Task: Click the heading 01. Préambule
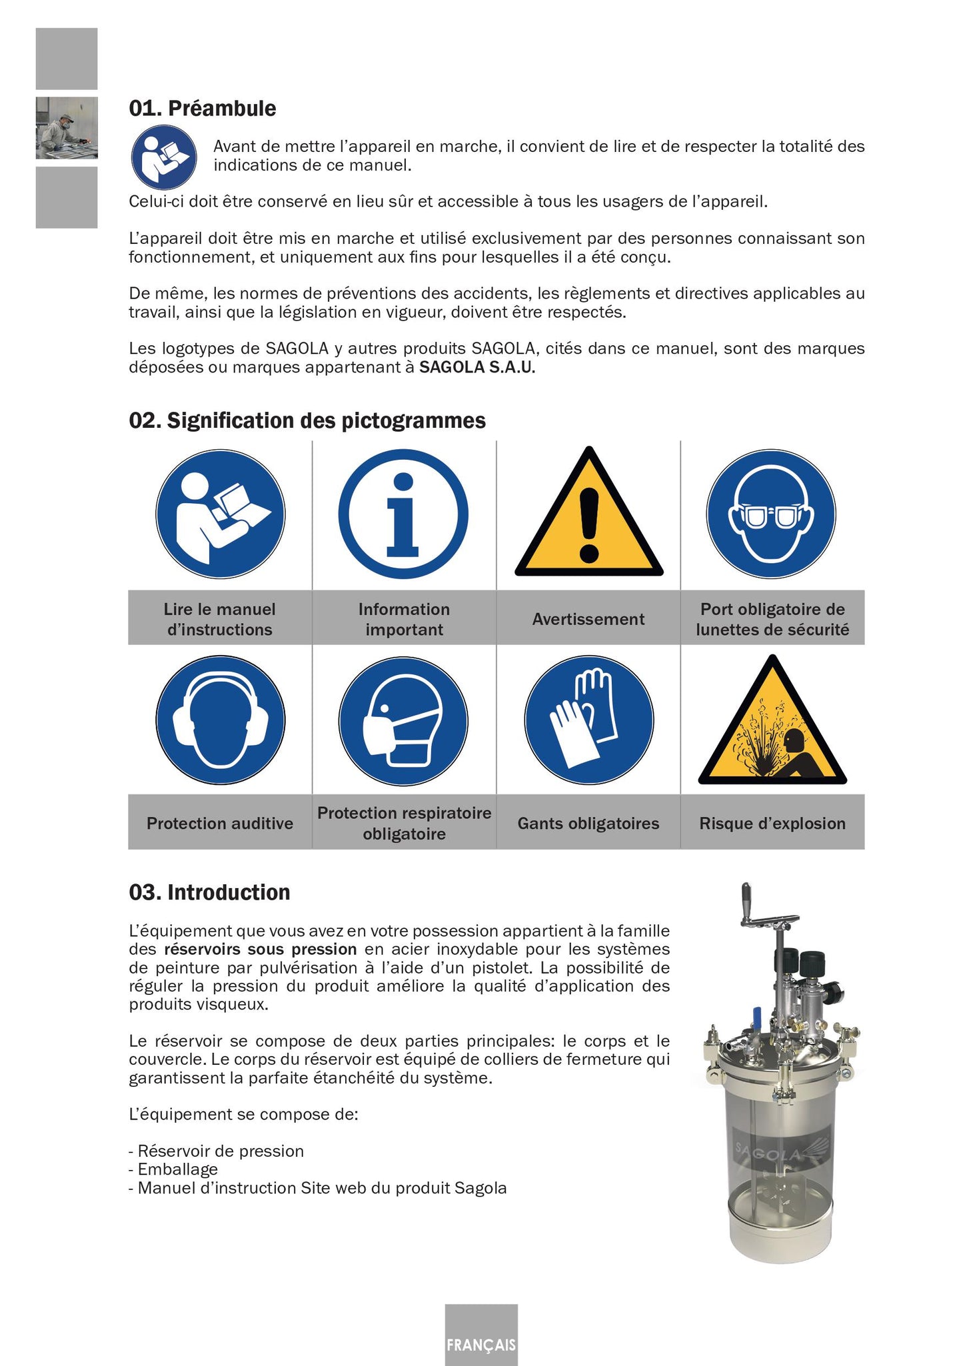pyautogui.click(x=202, y=108)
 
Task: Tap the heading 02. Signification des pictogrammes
pyautogui.click(x=307, y=420)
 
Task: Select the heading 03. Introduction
pyautogui.click(x=209, y=892)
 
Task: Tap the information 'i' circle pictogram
pyautogui.click(x=403, y=514)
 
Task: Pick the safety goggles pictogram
pyautogui.click(x=771, y=514)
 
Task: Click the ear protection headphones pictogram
pyautogui.click(x=221, y=720)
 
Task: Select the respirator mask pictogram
pyautogui.click(x=403, y=721)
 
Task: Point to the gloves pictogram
pyautogui.click(x=588, y=720)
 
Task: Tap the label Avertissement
pyautogui.click(x=588, y=619)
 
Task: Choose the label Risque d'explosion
pyautogui.click(x=772, y=823)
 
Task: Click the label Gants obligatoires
pyautogui.click(x=588, y=823)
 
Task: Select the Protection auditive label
pyautogui.click(x=220, y=823)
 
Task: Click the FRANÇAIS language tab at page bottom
pyautogui.click(x=481, y=1344)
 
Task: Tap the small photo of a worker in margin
pyautogui.click(x=67, y=128)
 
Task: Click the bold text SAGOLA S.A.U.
pyautogui.click(x=477, y=367)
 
